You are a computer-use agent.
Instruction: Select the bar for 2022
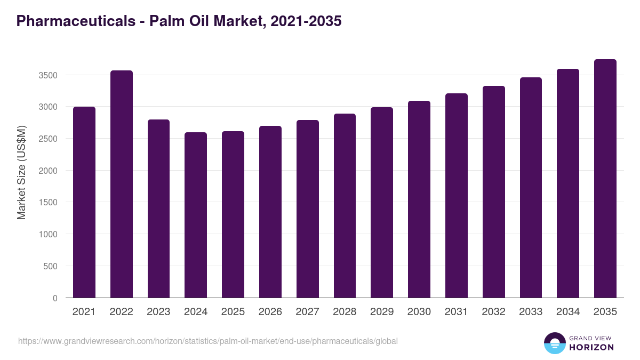pos(122,184)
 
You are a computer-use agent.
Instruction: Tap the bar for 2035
pos(605,179)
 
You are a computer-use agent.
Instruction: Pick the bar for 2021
pos(84,202)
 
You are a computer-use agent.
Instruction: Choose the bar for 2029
pos(382,203)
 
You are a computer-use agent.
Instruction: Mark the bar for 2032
pos(493,192)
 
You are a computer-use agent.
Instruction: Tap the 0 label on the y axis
pos(55,298)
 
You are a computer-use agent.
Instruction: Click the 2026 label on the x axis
pos(270,312)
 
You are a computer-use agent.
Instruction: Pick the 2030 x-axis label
pos(419,312)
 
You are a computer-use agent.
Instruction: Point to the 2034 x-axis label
pos(568,312)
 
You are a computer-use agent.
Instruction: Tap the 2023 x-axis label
pos(158,312)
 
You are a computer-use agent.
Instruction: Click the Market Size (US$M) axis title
pos(21,172)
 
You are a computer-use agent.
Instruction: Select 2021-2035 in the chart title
pos(306,21)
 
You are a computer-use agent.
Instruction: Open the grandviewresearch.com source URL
pos(208,341)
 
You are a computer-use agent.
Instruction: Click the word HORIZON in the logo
pos(591,347)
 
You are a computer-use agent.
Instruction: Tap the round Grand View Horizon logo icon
pos(555,343)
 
